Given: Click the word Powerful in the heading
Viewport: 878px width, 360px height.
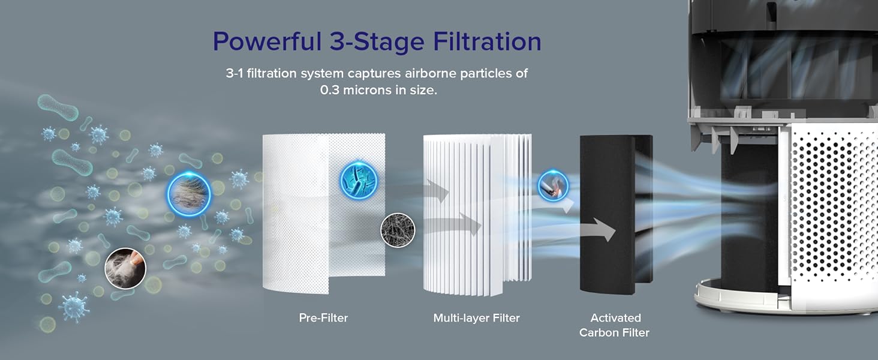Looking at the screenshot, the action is [267, 41].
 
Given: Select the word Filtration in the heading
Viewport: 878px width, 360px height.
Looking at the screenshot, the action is [487, 41].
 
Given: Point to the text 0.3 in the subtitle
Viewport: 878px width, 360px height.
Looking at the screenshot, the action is [329, 90].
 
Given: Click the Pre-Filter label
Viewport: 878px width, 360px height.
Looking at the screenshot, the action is [323, 317].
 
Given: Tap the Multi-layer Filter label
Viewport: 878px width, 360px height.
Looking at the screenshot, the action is [476, 317].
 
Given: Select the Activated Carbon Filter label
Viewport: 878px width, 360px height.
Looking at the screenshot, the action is [614, 325].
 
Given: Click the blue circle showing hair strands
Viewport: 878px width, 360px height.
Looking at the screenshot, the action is [188, 194].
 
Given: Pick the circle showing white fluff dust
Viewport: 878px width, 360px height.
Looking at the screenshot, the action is [125, 269].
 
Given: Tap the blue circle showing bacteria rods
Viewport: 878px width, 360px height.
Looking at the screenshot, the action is [358, 181].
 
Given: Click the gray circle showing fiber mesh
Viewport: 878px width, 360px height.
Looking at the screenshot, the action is [398, 230].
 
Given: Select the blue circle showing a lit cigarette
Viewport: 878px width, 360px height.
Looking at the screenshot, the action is [553, 186].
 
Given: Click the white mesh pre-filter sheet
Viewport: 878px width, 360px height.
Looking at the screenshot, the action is [324, 214].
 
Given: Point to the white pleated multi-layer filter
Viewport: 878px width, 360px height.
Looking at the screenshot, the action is [477, 215].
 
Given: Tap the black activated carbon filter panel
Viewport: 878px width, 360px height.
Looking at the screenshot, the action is [616, 215].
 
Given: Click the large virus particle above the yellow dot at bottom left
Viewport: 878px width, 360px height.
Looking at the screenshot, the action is [74, 307].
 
